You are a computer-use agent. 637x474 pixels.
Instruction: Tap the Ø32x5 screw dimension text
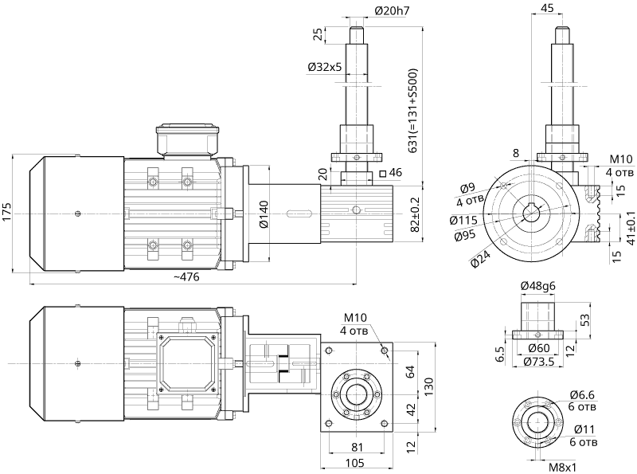coord(324,68)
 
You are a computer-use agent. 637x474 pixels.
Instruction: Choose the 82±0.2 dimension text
coord(413,213)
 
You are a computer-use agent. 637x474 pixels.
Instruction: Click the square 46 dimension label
coord(392,172)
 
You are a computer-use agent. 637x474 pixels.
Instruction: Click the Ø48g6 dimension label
coord(537,285)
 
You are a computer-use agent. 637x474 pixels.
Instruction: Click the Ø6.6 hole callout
coord(584,393)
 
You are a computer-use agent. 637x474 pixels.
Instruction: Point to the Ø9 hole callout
coord(468,189)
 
